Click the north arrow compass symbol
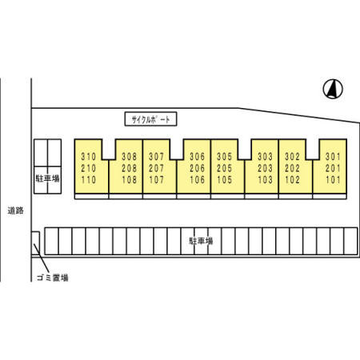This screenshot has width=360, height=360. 333,89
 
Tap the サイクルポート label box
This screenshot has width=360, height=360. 150,119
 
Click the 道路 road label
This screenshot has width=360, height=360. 15,210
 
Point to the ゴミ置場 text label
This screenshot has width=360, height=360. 53,278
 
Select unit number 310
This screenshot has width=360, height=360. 89,157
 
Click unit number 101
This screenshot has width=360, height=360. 333,180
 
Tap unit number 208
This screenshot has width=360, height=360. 130,168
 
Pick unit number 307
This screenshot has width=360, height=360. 157,157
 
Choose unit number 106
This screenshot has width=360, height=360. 198,180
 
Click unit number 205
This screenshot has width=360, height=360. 225,168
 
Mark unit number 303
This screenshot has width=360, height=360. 265,157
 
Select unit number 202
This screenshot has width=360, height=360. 293,168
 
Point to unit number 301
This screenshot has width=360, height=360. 333,157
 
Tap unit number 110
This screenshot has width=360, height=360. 89,180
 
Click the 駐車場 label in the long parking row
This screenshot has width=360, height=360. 201,241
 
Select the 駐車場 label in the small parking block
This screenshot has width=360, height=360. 48,178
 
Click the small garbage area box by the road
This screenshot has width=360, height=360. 35,243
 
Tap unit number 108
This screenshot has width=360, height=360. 130,180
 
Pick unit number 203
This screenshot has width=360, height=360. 265,168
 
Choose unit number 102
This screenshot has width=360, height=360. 293,180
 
